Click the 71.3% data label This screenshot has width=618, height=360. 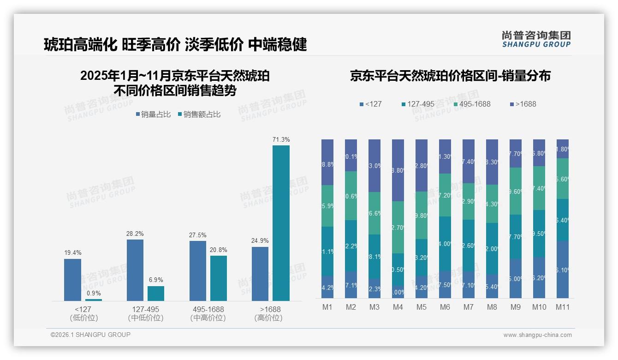point(281,139)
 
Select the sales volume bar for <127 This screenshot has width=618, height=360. point(72,280)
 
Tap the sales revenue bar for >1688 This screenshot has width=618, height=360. point(281,223)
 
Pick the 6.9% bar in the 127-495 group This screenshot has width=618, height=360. point(156,294)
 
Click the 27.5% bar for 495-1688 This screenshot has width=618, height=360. point(197,271)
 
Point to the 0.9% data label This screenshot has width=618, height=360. point(94,293)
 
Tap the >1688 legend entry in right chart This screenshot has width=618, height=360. point(523,104)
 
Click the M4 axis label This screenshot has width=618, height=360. point(398,307)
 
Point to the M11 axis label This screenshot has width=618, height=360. point(562,307)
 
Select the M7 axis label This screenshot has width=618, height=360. point(468,307)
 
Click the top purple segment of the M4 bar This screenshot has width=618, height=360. point(398,170)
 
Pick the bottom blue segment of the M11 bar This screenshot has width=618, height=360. point(562,269)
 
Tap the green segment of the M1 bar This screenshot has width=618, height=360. point(327,206)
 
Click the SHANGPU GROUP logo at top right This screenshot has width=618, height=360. point(536,39)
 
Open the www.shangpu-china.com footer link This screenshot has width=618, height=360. point(537,335)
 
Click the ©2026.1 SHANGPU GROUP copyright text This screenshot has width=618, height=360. point(90,335)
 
